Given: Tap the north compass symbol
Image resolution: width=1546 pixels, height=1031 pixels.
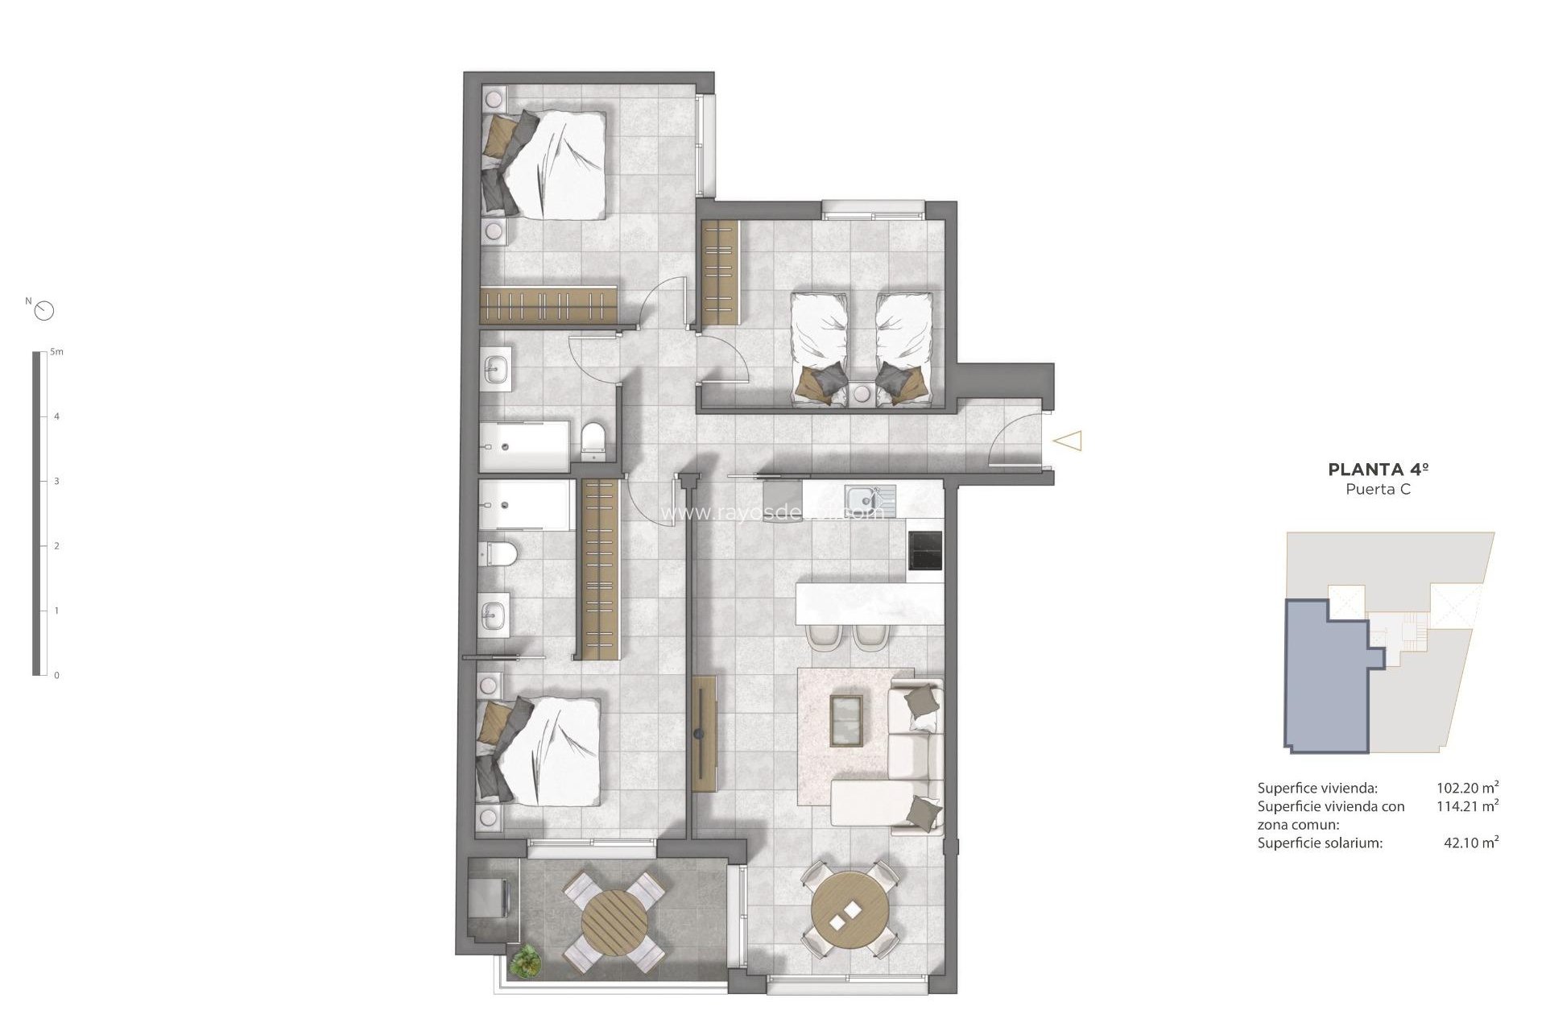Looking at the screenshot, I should (44, 310).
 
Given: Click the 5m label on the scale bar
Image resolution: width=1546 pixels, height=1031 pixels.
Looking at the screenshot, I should (56, 352).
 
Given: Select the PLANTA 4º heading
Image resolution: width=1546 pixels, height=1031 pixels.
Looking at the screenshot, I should (1378, 469).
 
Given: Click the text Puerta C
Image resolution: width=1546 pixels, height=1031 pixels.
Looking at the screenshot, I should (1378, 489).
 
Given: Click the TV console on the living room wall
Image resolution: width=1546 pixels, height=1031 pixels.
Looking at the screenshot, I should (703, 733).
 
